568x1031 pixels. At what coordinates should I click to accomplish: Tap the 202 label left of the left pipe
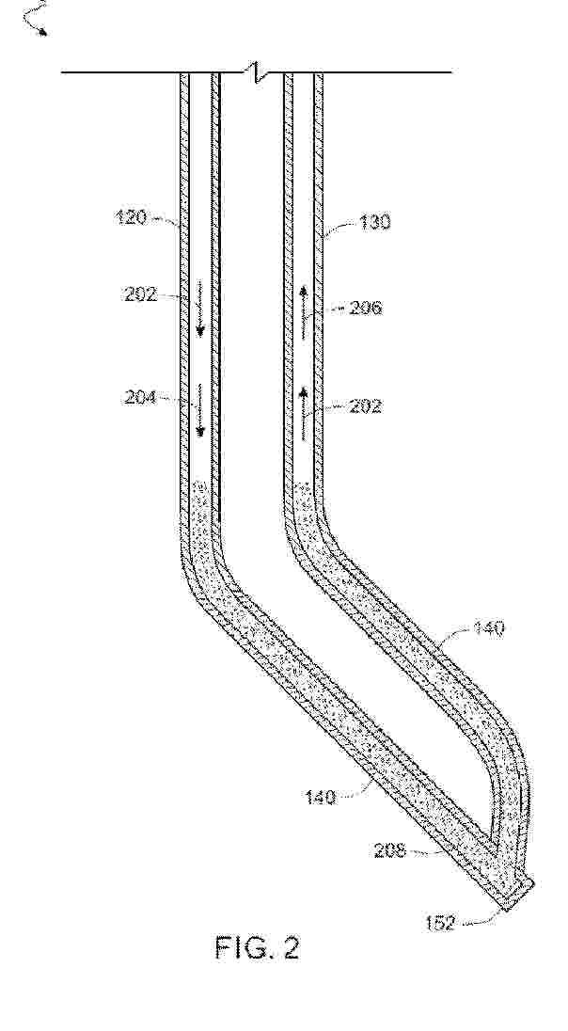click(140, 293)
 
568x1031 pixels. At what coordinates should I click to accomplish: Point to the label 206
click(366, 308)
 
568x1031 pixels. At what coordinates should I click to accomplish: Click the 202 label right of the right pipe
click(366, 406)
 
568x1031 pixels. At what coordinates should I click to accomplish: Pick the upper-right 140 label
click(487, 628)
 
